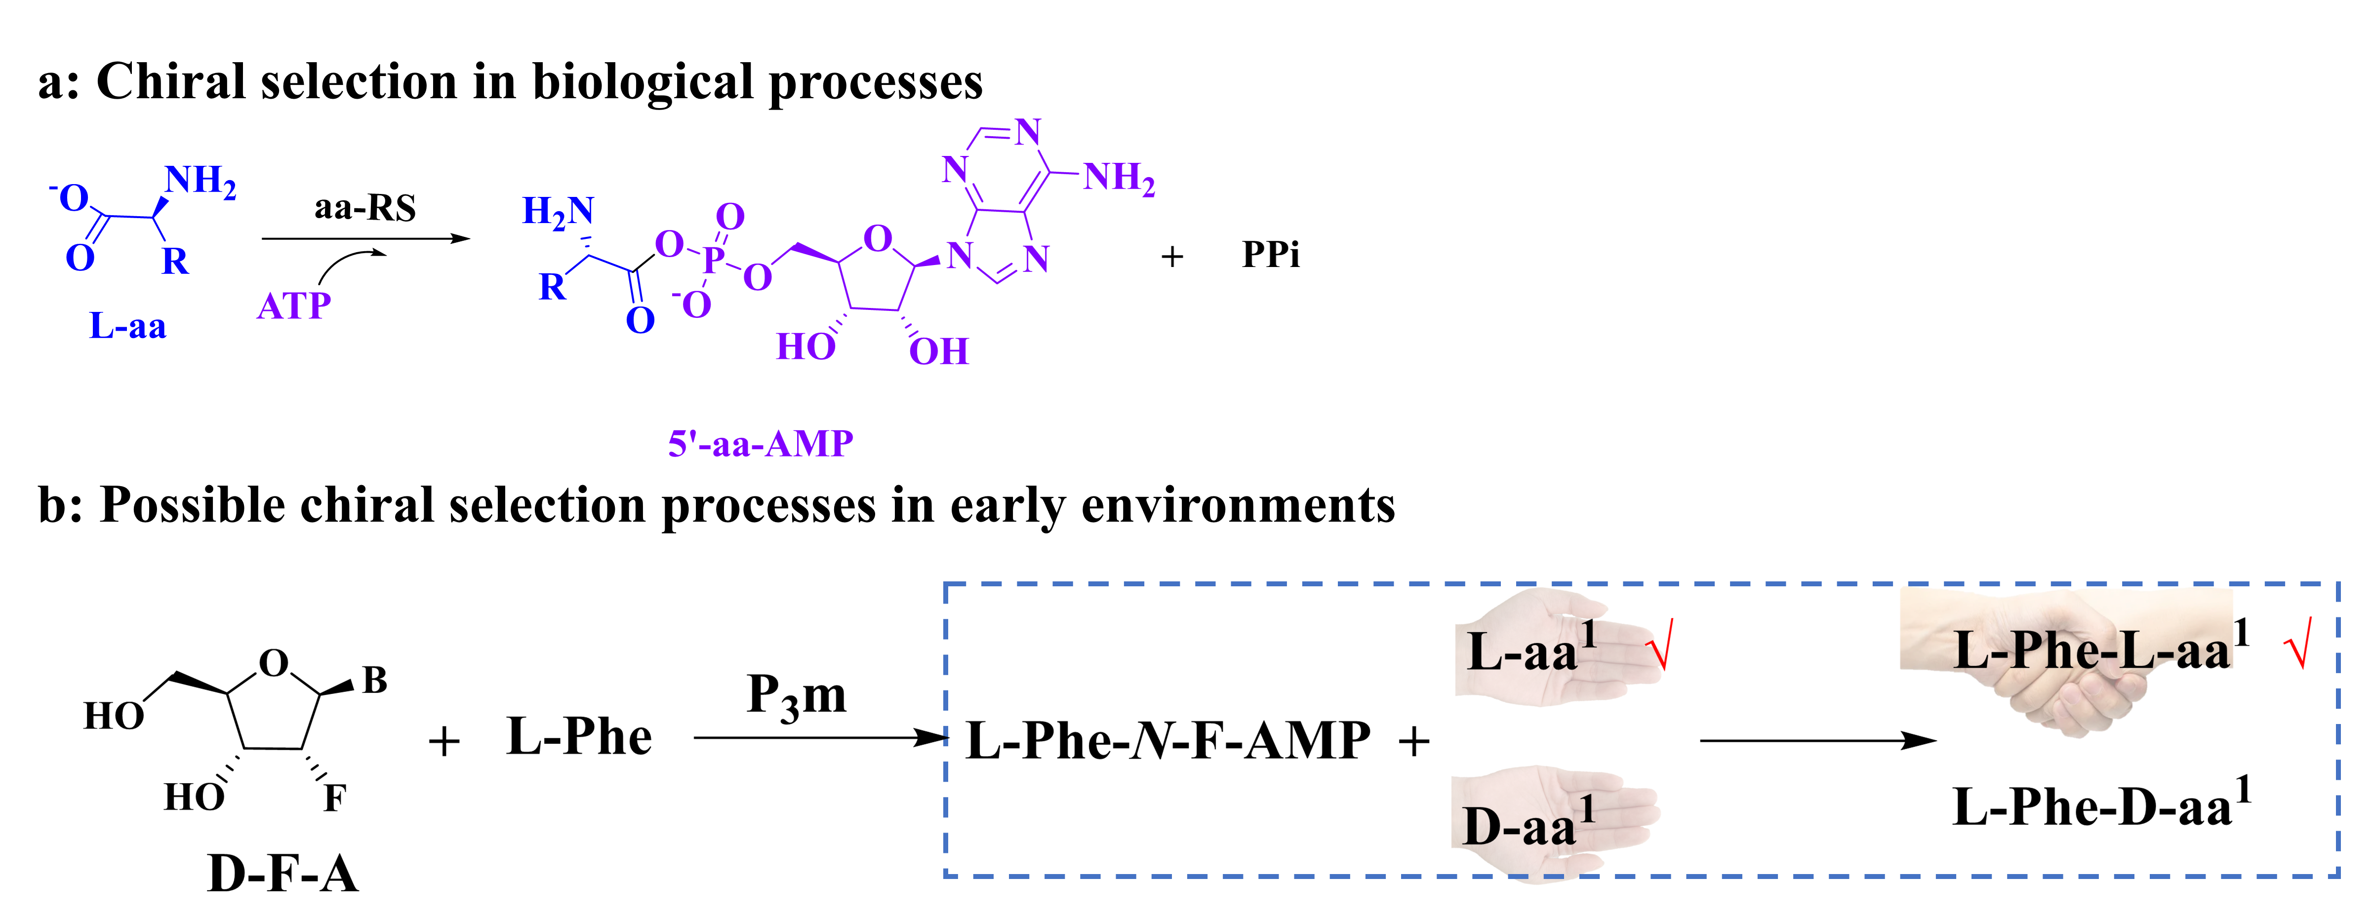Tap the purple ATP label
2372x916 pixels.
tap(294, 305)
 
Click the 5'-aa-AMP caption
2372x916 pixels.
tap(761, 444)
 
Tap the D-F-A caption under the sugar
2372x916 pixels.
tap(282, 873)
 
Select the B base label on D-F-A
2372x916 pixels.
tap(375, 680)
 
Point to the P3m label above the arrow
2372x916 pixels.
tap(797, 695)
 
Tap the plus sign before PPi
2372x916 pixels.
tap(1171, 257)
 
